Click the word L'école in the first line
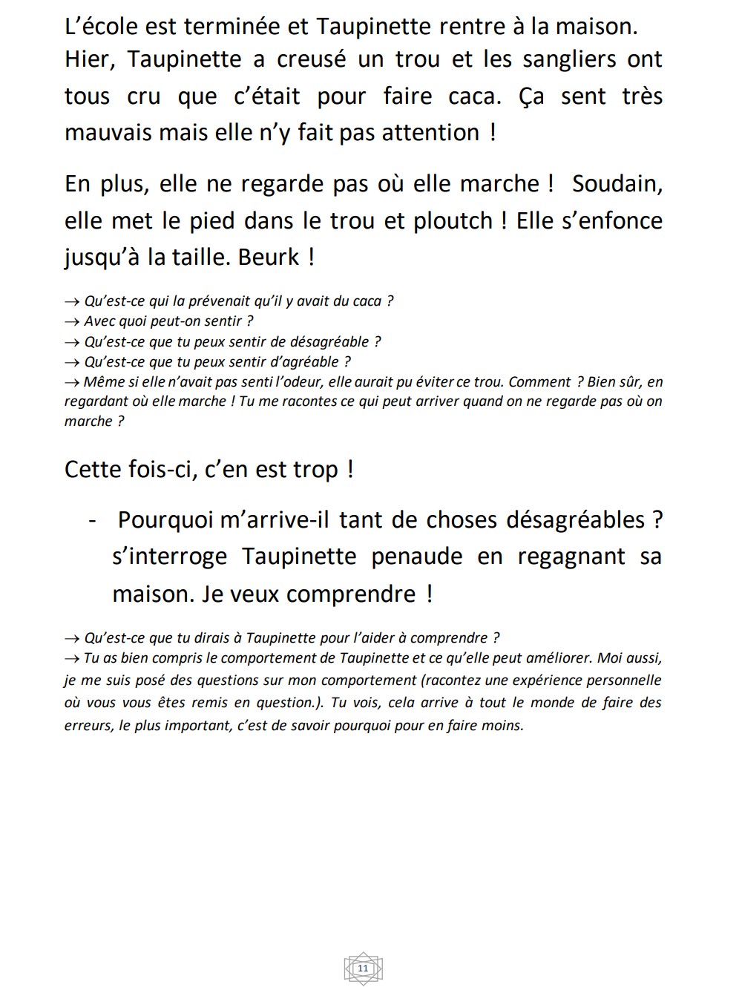102,27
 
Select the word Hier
88,60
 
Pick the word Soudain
617,184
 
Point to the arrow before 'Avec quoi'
72,321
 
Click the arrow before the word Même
72,382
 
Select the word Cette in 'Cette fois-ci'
93,470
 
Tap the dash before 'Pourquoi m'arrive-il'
92,520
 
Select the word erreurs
88,726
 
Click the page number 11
363,968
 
